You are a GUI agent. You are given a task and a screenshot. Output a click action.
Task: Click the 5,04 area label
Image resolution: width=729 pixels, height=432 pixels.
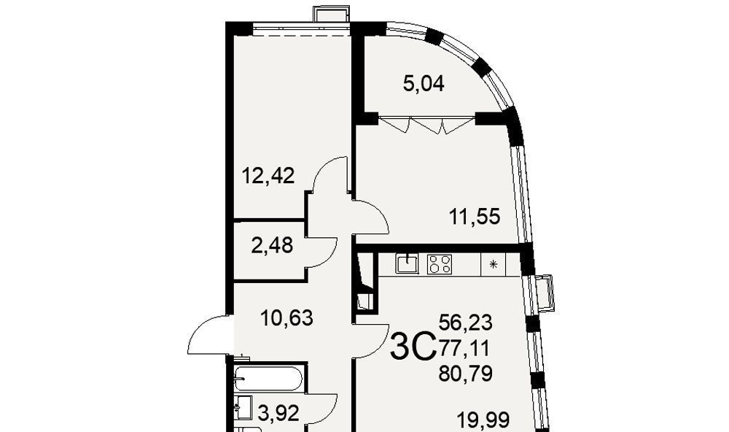423,85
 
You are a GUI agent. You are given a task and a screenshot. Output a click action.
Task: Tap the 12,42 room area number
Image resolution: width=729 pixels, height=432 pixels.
268,176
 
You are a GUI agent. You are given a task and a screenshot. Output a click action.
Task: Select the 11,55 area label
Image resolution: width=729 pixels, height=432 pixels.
475,217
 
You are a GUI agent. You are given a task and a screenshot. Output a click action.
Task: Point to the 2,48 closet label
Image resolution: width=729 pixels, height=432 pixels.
272,245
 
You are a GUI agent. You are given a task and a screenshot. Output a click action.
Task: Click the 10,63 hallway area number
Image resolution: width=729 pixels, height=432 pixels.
286,318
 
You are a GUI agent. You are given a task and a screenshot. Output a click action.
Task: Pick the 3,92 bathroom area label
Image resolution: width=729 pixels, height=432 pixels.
278,413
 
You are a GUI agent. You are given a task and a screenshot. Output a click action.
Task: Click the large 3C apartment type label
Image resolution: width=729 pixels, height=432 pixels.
413,347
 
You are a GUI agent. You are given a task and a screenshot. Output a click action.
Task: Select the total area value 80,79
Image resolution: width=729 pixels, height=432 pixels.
465,374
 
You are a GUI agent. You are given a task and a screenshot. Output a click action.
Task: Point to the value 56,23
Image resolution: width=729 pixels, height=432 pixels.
465,322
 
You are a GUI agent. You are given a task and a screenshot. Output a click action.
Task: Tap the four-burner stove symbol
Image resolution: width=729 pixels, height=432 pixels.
440,263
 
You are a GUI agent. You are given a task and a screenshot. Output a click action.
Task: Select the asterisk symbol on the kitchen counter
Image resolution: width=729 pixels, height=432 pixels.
494,264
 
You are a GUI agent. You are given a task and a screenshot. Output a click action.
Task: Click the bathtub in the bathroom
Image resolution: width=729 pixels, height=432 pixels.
269,379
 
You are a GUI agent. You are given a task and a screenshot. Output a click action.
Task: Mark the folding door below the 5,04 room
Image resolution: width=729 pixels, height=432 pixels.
426,124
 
